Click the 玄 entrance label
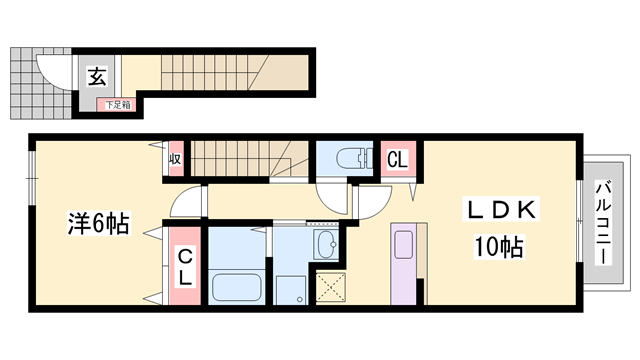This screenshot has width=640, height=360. (x=98, y=76)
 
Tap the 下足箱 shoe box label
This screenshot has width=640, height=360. (x=118, y=105)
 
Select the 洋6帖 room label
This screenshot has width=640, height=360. (x=98, y=223)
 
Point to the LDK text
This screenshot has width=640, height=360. (x=501, y=209)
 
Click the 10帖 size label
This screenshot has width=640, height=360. (x=499, y=247)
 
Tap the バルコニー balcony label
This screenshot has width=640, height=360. (x=603, y=222)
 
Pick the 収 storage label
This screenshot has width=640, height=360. (x=176, y=158)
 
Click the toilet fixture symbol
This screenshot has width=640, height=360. (x=354, y=158)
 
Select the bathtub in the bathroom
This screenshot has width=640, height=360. (x=236, y=287)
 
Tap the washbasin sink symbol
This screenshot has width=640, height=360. (x=326, y=244)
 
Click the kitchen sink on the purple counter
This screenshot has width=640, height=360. (x=403, y=244)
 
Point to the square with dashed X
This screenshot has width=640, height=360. (x=331, y=288)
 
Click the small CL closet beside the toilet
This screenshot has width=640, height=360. (x=398, y=160)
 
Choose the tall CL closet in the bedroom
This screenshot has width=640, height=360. (x=185, y=266)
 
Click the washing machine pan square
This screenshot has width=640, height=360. (x=291, y=290)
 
